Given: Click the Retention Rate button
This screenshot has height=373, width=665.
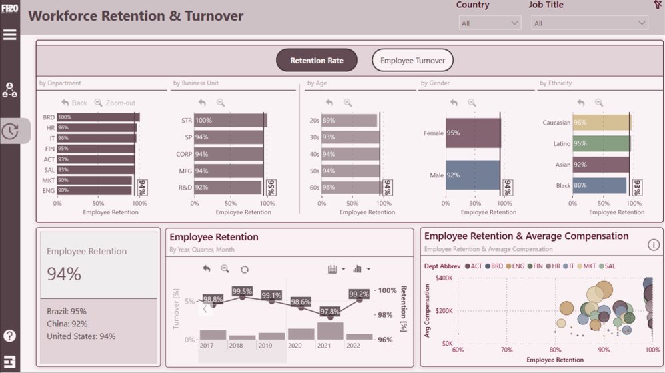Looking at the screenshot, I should (x=317, y=61).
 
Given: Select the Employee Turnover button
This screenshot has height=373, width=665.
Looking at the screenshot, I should (x=412, y=61).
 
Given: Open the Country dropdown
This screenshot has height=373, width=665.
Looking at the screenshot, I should (x=490, y=23).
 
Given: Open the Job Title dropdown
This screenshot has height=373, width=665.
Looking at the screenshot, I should (x=589, y=23).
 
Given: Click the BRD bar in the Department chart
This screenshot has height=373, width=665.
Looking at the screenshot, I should (x=97, y=117).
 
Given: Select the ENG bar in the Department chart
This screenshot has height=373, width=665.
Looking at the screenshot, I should (x=94, y=190).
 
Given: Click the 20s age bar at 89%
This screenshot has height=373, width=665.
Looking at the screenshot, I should (x=348, y=121).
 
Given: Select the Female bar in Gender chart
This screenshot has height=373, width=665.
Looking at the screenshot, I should (x=472, y=133).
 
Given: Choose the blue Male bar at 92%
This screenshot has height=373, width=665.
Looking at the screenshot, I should (x=472, y=175).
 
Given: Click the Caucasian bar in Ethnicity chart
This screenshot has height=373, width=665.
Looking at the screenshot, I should (x=601, y=123).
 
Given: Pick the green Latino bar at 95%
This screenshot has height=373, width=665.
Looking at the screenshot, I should (x=600, y=143).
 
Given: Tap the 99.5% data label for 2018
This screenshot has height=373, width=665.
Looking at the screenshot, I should (x=242, y=292).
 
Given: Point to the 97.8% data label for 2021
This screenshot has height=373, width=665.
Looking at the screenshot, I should (x=330, y=312).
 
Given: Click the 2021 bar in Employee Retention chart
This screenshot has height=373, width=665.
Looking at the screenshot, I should (x=330, y=331).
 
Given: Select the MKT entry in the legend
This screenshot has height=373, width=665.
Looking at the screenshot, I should (x=586, y=266).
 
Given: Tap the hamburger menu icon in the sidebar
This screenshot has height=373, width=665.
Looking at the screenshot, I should (x=10, y=35).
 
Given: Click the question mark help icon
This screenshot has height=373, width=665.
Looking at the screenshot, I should (x=10, y=336).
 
